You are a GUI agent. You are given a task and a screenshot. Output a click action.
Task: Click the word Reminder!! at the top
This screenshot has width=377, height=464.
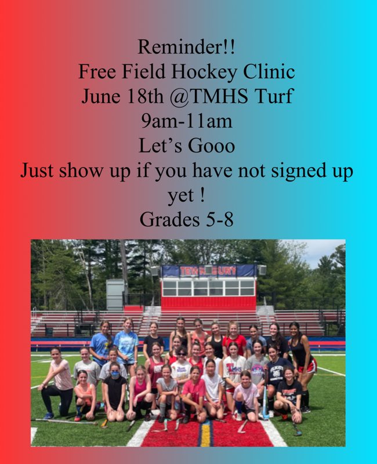point(187,45)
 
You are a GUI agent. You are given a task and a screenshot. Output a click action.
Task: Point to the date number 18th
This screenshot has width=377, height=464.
point(144,96)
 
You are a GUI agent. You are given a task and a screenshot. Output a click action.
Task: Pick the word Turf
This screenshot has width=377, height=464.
point(275,96)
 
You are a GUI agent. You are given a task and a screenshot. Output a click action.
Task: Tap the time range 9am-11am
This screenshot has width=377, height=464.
point(187,121)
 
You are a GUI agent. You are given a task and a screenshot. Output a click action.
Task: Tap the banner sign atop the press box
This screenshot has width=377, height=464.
point(207,271)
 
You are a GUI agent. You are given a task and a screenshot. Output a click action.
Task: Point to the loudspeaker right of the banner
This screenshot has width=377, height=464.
point(262,270)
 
